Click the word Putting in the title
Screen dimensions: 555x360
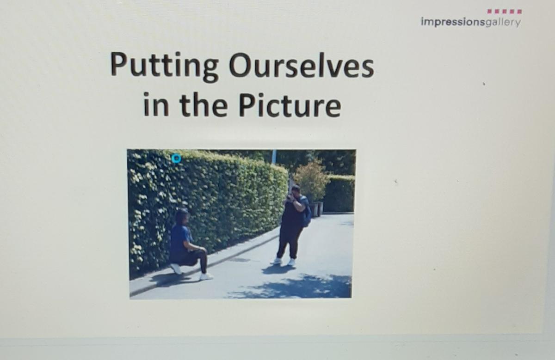[164, 67]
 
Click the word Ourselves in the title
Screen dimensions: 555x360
[301, 65]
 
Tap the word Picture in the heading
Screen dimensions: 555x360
[290, 105]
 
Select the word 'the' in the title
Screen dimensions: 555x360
[203, 104]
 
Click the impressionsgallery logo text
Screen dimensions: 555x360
[471, 22]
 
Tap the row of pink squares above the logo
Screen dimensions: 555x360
[505, 12]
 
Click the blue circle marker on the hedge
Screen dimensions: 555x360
[176, 159]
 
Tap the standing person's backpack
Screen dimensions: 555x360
[306, 213]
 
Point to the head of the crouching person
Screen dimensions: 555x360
[183, 217]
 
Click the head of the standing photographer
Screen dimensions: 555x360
[296, 191]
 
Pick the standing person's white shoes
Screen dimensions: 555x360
[283, 262]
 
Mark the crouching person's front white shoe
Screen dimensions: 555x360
[206, 276]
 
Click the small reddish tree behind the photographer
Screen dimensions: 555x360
[312, 181]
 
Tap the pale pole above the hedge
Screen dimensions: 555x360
[273, 157]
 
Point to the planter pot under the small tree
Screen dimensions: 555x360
[317, 209]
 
